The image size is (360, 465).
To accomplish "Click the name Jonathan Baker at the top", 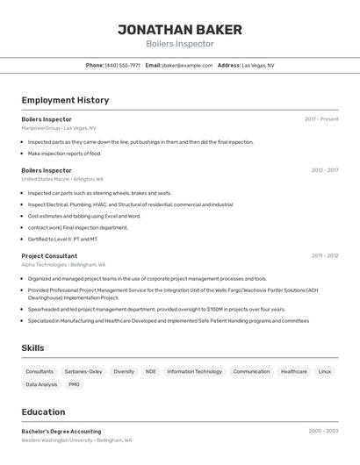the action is tap(179, 29).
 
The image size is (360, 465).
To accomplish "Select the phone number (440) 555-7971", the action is tap(122, 65).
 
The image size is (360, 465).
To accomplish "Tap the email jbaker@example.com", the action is tap(187, 65).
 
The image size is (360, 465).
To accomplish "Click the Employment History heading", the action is tap(65, 100).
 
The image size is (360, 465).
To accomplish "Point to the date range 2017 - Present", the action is tap(321, 119).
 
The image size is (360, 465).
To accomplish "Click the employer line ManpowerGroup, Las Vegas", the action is tap(59, 128).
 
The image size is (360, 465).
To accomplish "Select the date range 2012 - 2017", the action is tap(324, 170).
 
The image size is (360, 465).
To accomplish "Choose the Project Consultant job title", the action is tap(49, 256).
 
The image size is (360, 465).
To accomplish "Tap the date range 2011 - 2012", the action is tap(324, 256).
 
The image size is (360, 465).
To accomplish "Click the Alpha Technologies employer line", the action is tap(63, 265).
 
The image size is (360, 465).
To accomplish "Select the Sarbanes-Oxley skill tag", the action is tap(83, 371).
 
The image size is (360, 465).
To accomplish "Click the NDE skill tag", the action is tap(151, 371).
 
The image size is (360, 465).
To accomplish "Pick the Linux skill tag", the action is tap(325, 371).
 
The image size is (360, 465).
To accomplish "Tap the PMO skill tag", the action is tap(74, 384).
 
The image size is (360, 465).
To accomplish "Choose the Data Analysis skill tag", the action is tap(41, 384).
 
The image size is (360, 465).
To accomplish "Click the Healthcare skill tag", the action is tap(294, 371).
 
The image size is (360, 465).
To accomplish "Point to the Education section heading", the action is tap(43, 412).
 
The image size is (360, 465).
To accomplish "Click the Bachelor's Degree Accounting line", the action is tap(61, 432).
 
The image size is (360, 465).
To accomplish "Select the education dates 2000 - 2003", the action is tap(323, 432).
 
